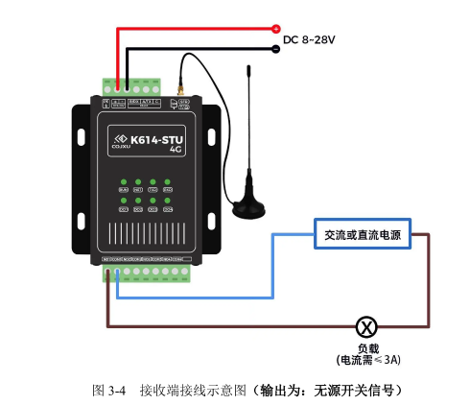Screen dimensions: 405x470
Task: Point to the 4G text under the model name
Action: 176,151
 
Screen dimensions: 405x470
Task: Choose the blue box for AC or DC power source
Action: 363,235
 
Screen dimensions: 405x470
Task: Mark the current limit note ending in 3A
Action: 367,360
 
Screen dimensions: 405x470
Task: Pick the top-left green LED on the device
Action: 123,182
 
